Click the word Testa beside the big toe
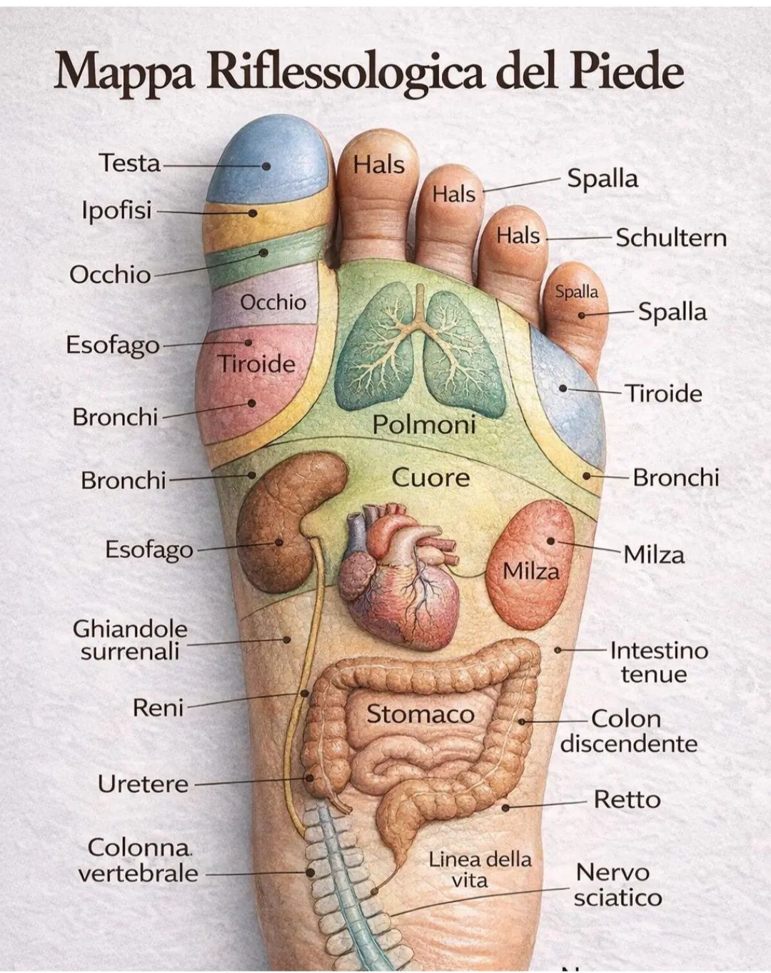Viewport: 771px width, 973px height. pos(129,163)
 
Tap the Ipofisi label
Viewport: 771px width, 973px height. pos(116,211)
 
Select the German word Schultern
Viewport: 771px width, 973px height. pos(671,237)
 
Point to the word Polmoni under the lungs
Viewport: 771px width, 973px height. pos(424,425)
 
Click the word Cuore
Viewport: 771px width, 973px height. pos(430,477)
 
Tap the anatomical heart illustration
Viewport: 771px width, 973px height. pos(396,572)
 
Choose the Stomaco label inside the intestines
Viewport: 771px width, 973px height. pos(420,714)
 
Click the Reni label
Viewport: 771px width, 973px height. pos(158,707)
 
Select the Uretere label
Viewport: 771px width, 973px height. pos(143,784)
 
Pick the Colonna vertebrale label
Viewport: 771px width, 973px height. pos(138,860)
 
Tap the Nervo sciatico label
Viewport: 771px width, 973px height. pos(617,884)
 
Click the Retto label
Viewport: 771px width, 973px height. pos(627,799)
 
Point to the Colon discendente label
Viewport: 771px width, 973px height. pos(628,731)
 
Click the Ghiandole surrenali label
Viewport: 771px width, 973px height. pos(130,639)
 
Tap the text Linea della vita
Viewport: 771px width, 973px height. pos(480,869)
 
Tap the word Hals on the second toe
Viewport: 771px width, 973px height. pos(379,165)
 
